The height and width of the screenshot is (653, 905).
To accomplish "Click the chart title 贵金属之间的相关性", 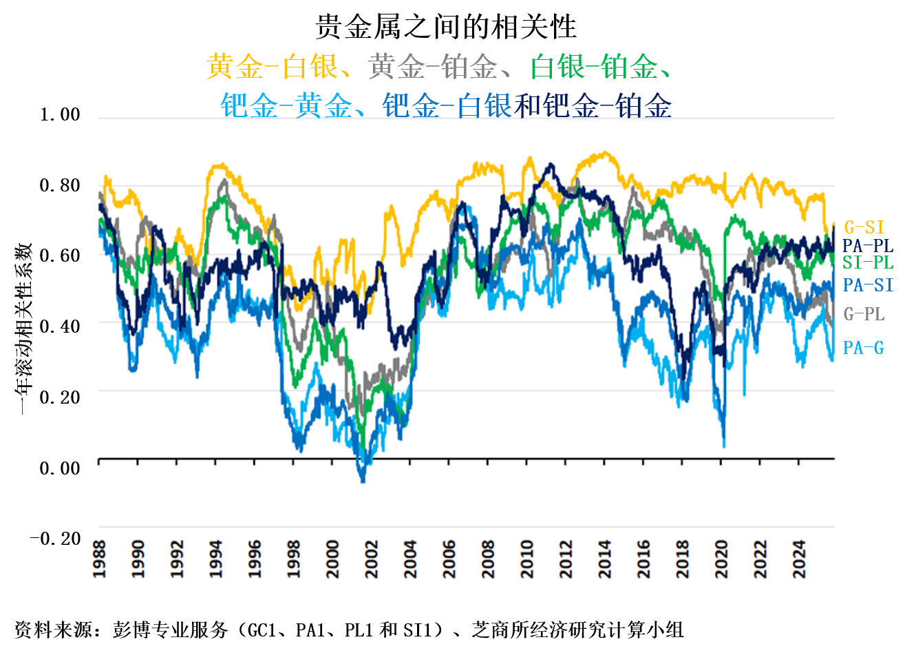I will [446, 27].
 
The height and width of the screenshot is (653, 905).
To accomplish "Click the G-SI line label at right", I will [864, 227].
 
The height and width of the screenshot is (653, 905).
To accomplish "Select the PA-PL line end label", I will [867, 245].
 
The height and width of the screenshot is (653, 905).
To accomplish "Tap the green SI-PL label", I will [867, 262].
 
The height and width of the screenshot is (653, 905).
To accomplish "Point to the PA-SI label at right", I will [868, 284].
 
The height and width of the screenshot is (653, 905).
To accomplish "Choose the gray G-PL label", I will [864, 314].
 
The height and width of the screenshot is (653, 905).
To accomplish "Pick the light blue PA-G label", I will [863, 348].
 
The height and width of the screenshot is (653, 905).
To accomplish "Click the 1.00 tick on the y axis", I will [60, 114].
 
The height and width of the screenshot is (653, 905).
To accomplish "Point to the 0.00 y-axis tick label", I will [60, 468].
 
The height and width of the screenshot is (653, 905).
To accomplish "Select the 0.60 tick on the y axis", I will [60, 256].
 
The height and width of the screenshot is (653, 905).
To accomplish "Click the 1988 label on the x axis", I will [100, 559].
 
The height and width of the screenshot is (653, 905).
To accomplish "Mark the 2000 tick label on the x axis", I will [333, 559].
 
